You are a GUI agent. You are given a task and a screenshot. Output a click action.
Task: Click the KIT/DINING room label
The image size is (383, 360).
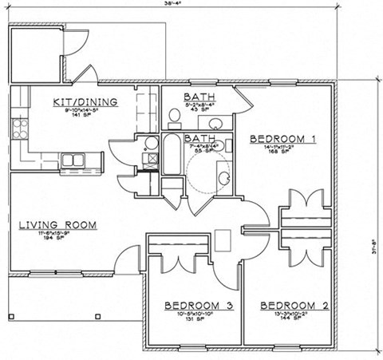(85, 101)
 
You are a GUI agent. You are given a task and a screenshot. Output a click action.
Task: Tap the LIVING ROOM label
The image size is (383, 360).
(57, 225)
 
